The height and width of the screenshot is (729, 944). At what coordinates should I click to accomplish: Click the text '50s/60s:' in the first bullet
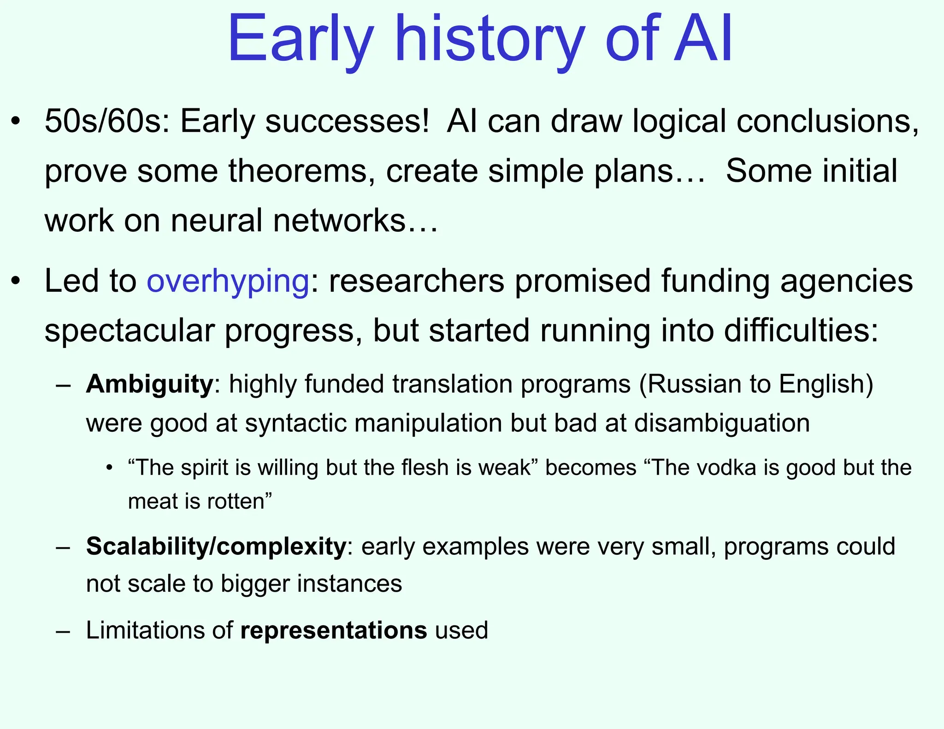[x=107, y=122]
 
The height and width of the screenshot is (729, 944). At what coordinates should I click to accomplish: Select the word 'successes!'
[x=347, y=122]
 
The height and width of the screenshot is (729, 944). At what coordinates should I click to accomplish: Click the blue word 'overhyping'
[x=228, y=281]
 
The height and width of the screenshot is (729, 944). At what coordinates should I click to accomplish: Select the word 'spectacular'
[x=130, y=330]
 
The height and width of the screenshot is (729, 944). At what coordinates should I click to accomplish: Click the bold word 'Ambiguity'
[x=149, y=384]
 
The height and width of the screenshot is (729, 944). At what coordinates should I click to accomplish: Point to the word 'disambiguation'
[x=722, y=423]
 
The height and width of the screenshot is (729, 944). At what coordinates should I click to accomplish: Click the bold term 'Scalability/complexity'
[x=216, y=547]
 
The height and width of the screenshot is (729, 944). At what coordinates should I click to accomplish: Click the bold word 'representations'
[x=334, y=630]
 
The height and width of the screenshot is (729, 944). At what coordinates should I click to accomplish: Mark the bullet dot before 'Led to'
[x=16, y=282]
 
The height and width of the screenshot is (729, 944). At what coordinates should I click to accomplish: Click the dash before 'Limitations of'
[x=63, y=631]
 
